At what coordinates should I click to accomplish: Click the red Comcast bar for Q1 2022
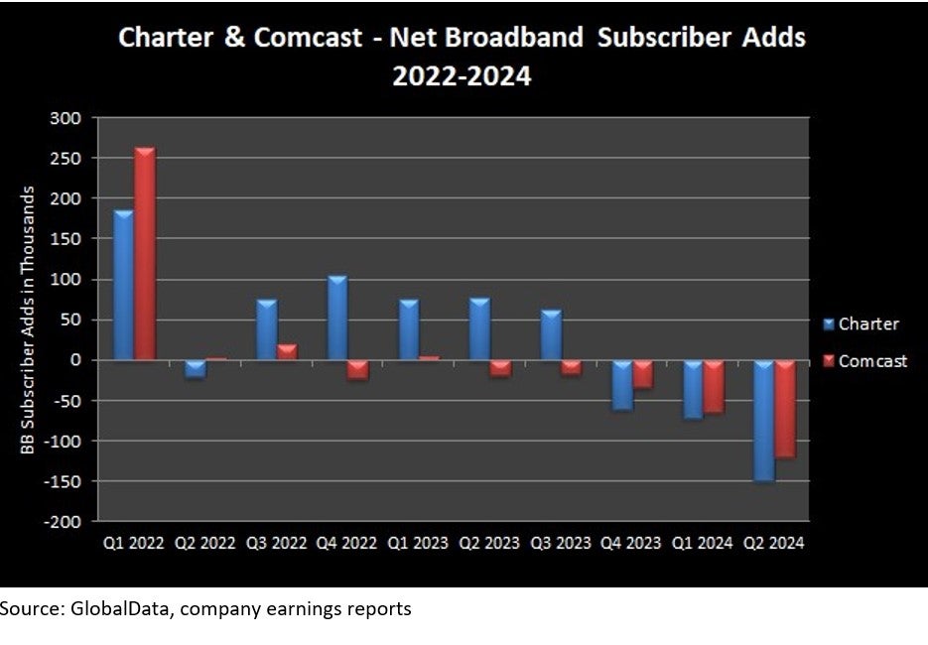tap(145, 254)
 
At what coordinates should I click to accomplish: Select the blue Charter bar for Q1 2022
tap(123, 285)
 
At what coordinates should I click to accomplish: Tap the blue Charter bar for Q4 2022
tap(336, 318)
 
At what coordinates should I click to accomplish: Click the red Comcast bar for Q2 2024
tap(785, 408)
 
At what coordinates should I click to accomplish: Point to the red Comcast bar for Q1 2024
tap(714, 386)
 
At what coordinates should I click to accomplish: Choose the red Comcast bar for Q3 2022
tap(287, 352)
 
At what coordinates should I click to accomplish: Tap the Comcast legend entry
tap(863, 361)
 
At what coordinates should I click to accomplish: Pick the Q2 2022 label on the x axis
tap(206, 544)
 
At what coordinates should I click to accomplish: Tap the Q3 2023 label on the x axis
tap(562, 544)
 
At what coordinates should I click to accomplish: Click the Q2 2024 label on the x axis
tap(775, 544)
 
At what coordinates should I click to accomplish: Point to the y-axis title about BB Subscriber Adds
tap(30, 321)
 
